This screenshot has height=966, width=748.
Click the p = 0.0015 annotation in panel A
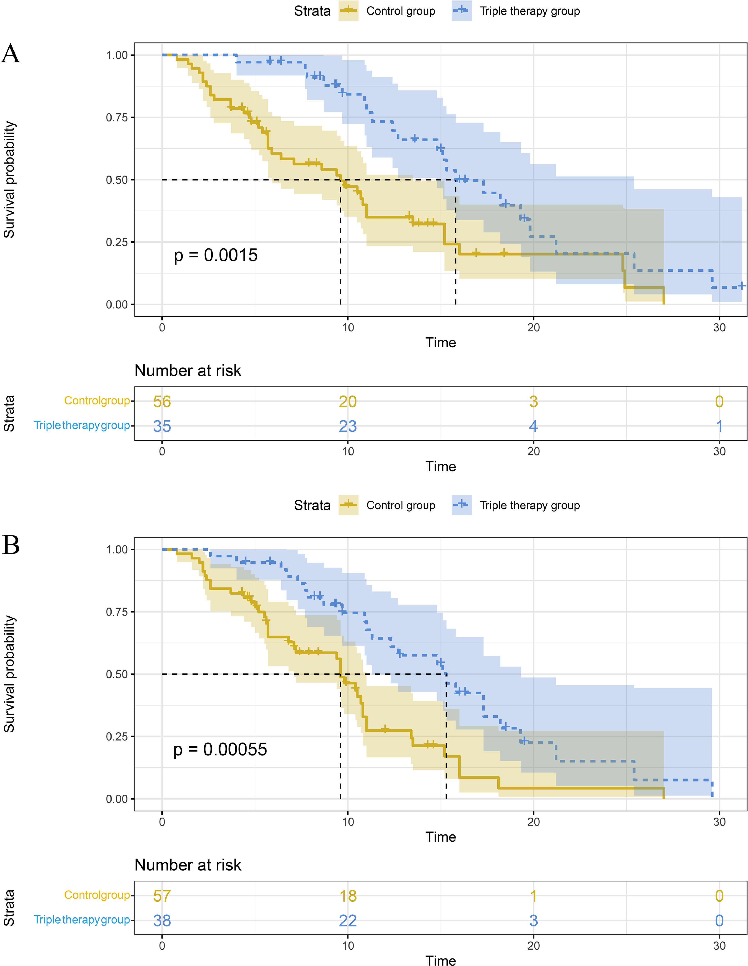(215, 255)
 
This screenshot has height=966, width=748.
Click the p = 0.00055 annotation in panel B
(220, 749)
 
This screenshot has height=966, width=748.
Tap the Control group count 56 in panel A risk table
(162, 402)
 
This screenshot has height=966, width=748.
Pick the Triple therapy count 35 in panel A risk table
(162, 426)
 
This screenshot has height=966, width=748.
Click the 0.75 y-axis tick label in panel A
(117, 118)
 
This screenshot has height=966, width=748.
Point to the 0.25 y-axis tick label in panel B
(117, 736)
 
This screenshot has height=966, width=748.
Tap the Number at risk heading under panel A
(188, 371)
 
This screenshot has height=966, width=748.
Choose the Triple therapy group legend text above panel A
(530, 11)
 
